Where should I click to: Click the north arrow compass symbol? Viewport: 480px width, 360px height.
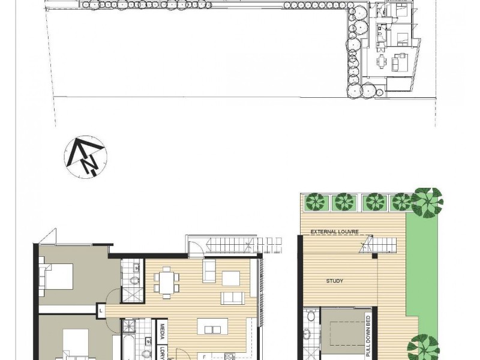click(x=85, y=157)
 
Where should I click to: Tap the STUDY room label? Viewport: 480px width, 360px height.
click(x=335, y=281)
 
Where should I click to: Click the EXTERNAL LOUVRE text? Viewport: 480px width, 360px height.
click(x=335, y=232)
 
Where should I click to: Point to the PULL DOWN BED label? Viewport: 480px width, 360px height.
click(x=368, y=336)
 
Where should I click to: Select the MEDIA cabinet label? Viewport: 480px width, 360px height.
click(x=162, y=332)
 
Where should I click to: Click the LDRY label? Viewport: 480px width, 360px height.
click(x=162, y=353)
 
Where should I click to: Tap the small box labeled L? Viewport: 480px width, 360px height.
click(x=101, y=311)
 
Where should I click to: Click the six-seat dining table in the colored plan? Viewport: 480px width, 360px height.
click(x=167, y=283)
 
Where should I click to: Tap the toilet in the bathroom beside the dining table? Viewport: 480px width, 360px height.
click(x=134, y=280)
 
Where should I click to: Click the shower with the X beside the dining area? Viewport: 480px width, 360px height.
click(x=133, y=294)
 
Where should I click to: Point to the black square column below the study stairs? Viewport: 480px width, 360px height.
click(x=374, y=256)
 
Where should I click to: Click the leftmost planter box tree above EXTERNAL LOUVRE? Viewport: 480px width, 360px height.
click(x=315, y=202)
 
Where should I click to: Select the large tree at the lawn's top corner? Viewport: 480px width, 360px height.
click(x=427, y=202)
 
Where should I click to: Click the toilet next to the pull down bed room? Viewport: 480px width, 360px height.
click(x=311, y=316)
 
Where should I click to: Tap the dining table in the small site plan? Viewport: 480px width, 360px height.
click(x=381, y=62)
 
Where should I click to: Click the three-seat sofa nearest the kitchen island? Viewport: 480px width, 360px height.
click(x=233, y=298)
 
